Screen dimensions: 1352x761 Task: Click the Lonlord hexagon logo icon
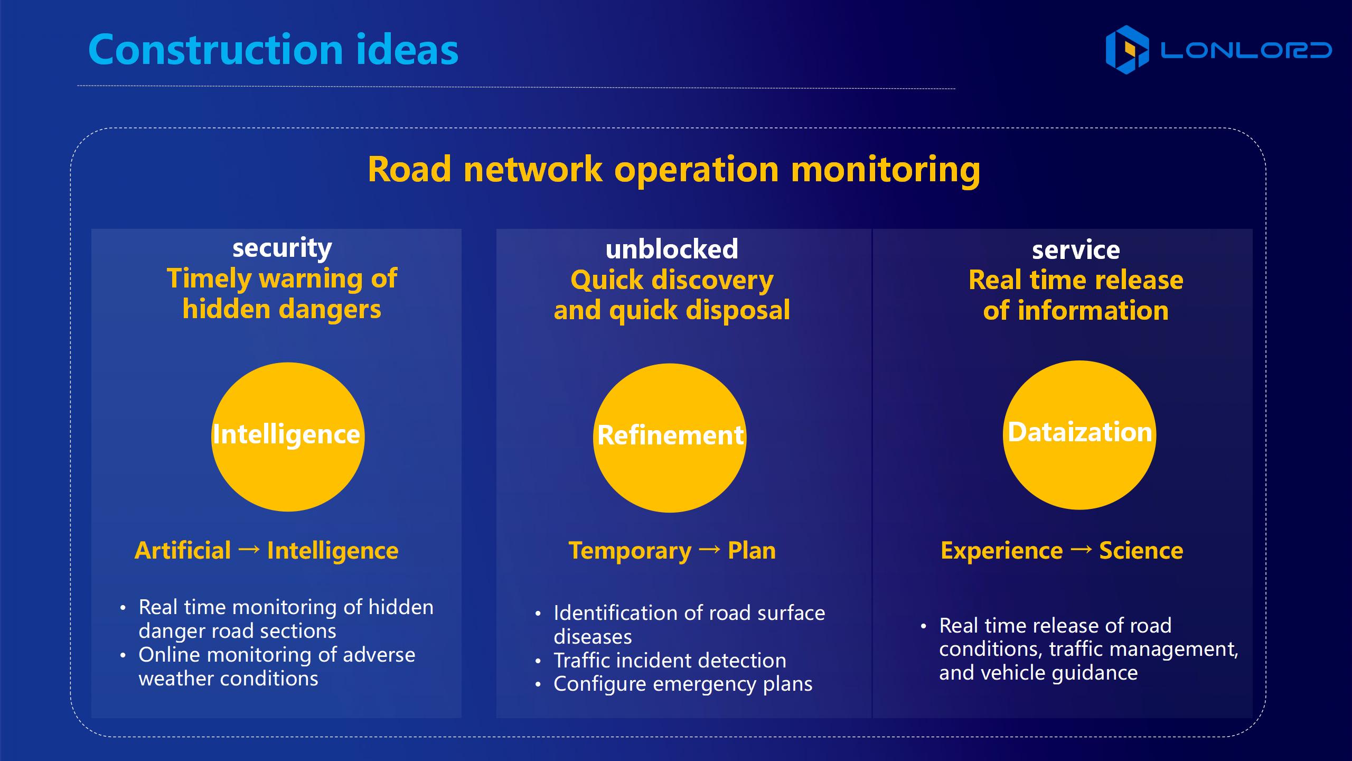pyautogui.click(x=1127, y=50)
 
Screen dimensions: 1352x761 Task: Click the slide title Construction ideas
pyautogui.click(x=273, y=49)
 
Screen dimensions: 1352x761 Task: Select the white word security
pyautogui.click(x=282, y=248)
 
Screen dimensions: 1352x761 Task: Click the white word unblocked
pyautogui.click(x=672, y=249)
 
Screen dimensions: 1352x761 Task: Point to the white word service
pyautogui.click(x=1076, y=250)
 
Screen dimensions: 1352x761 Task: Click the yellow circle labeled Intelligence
pyautogui.click(x=288, y=437)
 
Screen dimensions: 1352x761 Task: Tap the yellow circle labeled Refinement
pyautogui.click(x=670, y=438)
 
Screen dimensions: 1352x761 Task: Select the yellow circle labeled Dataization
pyautogui.click(x=1079, y=435)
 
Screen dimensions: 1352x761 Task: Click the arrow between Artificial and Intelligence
pyautogui.click(x=249, y=550)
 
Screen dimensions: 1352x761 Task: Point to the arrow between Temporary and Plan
pyautogui.click(x=709, y=550)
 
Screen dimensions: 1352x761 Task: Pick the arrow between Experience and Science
pyautogui.click(x=1081, y=550)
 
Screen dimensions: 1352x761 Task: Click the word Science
pyautogui.click(x=1141, y=551)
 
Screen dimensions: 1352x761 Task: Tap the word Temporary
pyautogui.click(x=630, y=551)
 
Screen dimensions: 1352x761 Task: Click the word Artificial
pyautogui.click(x=183, y=551)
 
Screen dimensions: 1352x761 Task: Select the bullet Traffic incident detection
pyautogui.click(x=670, y=661)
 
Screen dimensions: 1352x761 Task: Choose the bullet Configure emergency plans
pyautogui.click(x=683, y=684)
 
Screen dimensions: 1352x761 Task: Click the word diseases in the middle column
pyautogui.click(x=593, y=637)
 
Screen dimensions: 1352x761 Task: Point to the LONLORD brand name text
pyautogui.click(x=1246, y=50)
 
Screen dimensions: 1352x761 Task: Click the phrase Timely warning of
pyautogui.click(x=282, y=279)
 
